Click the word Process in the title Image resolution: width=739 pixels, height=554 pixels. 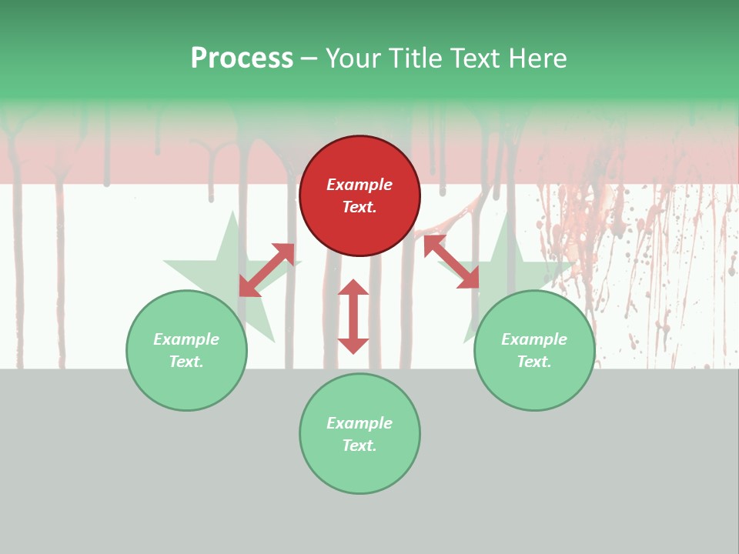(242, 58)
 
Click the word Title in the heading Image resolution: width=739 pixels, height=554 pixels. (416, 58)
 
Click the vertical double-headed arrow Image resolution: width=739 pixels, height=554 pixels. (353, 317)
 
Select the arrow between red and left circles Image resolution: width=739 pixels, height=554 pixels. (267, 269)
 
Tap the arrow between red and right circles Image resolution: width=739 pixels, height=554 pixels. (451, 262)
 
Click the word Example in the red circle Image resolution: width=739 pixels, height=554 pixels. (359, 185)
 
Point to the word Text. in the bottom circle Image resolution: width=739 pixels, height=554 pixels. (359, 446)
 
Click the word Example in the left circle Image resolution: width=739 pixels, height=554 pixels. (186, 339)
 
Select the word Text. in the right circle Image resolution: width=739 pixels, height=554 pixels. (534, 362)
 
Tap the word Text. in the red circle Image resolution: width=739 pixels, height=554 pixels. (359, 207)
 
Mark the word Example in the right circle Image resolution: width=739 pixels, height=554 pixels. (534, 339)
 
